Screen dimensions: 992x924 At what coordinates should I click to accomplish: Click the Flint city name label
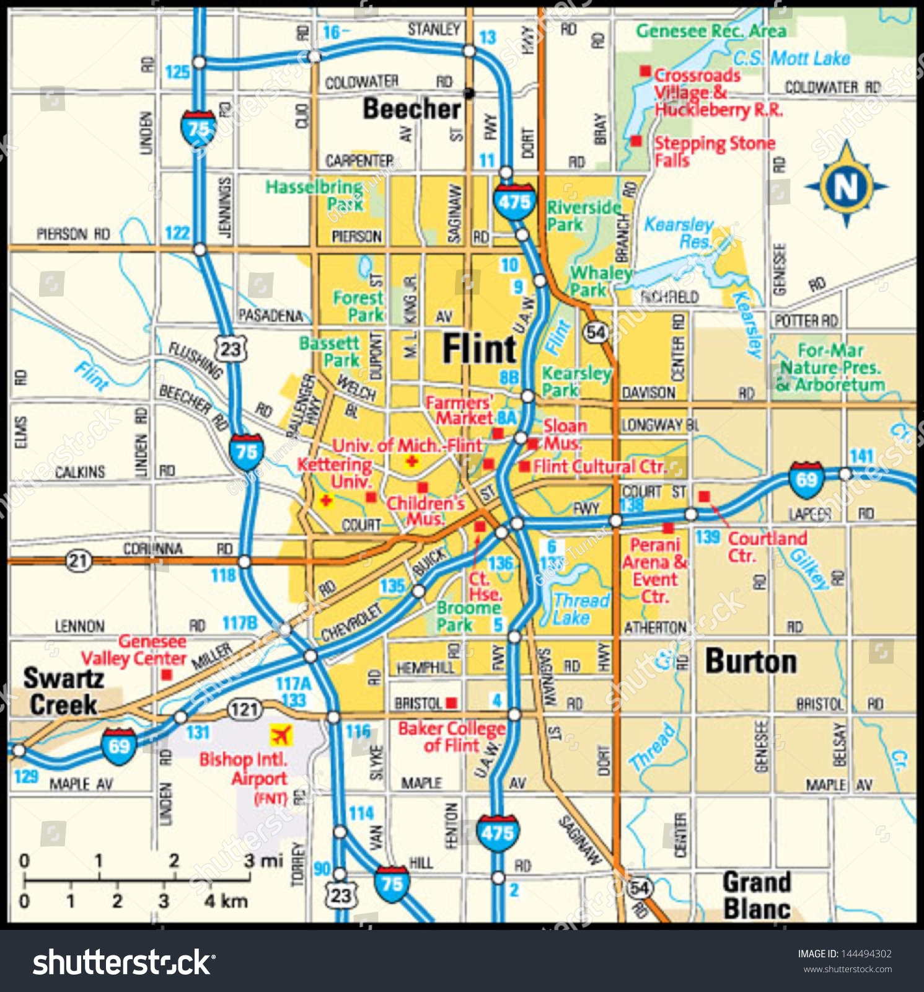point(479,348)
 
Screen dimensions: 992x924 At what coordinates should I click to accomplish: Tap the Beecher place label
point(411,109)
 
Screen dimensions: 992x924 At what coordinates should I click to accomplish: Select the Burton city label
point(751,662)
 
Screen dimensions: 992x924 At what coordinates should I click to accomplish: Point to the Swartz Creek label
point(63,691)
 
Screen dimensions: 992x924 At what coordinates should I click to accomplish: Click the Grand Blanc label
point(757,895)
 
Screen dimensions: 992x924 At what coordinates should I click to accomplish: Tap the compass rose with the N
point(846,185)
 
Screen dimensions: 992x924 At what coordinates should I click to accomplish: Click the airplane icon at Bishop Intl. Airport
point(280,735)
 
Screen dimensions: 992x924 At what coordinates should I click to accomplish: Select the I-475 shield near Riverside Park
point(514,201)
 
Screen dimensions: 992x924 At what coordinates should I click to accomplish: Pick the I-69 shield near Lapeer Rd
point(806,479)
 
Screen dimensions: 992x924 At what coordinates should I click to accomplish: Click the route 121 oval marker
point(245,709)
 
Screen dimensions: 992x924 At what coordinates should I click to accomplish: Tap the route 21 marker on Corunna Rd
point(78,561)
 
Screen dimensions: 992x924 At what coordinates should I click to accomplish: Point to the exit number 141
point(861,456)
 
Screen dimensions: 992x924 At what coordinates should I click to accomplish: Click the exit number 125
point(177,72)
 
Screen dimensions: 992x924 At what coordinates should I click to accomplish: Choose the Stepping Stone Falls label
point(714,151)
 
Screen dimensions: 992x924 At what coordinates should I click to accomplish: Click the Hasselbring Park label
point(315,195)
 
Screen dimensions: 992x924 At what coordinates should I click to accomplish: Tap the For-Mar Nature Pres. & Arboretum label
point(830,367)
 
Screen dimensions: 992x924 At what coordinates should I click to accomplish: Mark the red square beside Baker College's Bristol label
point(452,702)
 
